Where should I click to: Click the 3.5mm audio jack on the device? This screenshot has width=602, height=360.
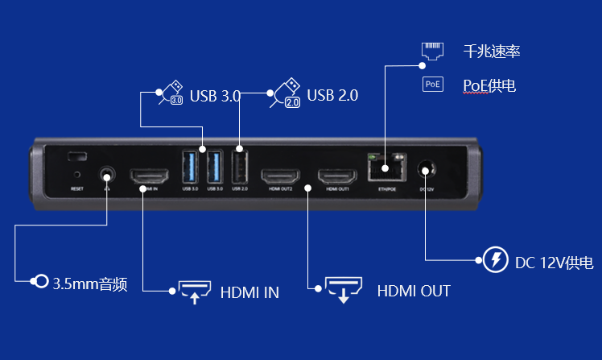106,173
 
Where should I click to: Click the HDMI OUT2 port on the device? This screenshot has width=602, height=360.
281,175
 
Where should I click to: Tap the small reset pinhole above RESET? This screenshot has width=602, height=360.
77,173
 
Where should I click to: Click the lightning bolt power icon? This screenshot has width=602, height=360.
496,261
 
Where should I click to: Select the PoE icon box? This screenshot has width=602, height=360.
433,84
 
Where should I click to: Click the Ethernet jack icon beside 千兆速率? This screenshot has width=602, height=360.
433,52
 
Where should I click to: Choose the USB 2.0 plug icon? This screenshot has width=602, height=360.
287,93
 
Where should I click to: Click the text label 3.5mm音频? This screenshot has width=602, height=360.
90,283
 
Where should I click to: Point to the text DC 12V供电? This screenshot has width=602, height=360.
555,263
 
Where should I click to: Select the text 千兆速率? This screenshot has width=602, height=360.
492,52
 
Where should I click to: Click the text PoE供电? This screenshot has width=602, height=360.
489,85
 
